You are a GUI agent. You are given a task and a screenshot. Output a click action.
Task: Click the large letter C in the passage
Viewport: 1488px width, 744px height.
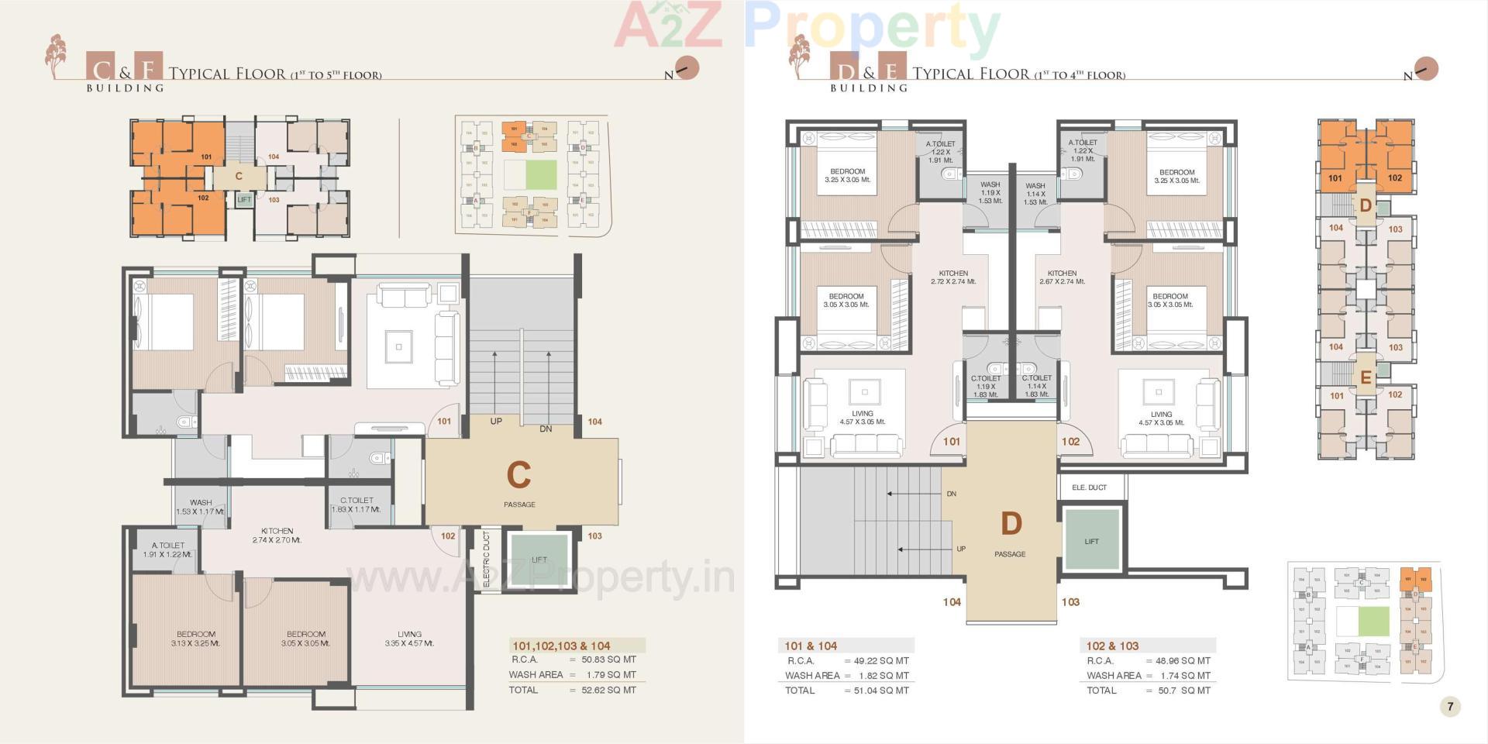tap(518, 475)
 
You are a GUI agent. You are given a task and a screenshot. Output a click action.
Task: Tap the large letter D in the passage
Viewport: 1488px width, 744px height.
tap(1011, 525)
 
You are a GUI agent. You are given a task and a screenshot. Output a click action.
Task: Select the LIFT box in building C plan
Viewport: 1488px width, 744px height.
tap(539, 560)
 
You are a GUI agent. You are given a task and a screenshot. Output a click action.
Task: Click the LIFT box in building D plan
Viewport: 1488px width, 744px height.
tap(1091, 541)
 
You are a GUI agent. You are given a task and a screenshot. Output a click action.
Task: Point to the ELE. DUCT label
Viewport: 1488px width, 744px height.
tap(1089, 487)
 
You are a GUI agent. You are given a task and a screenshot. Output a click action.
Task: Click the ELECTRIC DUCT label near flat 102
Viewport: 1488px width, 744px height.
tap(487, 559)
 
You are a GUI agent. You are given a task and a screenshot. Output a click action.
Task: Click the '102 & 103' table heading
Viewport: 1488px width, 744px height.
tap(1112, 646)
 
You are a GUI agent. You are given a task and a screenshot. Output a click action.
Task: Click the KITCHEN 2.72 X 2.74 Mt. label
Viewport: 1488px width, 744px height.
tap(953, 277)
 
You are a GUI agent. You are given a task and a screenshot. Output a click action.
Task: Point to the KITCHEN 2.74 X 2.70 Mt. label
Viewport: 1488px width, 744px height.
tap(277, 536)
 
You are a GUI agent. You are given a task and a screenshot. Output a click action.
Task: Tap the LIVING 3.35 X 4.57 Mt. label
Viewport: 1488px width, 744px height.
tap(409, 639)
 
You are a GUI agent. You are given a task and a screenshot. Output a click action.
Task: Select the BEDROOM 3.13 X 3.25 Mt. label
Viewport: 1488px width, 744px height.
tap(195, 639)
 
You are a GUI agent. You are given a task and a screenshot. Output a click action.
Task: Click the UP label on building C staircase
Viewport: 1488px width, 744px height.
tap(496, 422)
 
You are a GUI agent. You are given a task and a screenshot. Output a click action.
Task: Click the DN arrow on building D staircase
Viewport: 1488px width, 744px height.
tap(914, 494)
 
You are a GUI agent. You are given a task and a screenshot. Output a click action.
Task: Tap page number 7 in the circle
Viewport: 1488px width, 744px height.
tap(1449, 706)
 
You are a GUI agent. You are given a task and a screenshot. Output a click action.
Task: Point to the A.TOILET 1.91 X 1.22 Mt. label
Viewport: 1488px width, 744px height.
tap(168, 549)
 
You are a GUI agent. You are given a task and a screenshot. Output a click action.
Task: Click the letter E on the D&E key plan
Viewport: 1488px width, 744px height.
tap(1366, 378)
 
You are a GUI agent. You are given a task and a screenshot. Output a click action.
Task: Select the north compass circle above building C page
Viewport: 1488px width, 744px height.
tap(687, 67)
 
